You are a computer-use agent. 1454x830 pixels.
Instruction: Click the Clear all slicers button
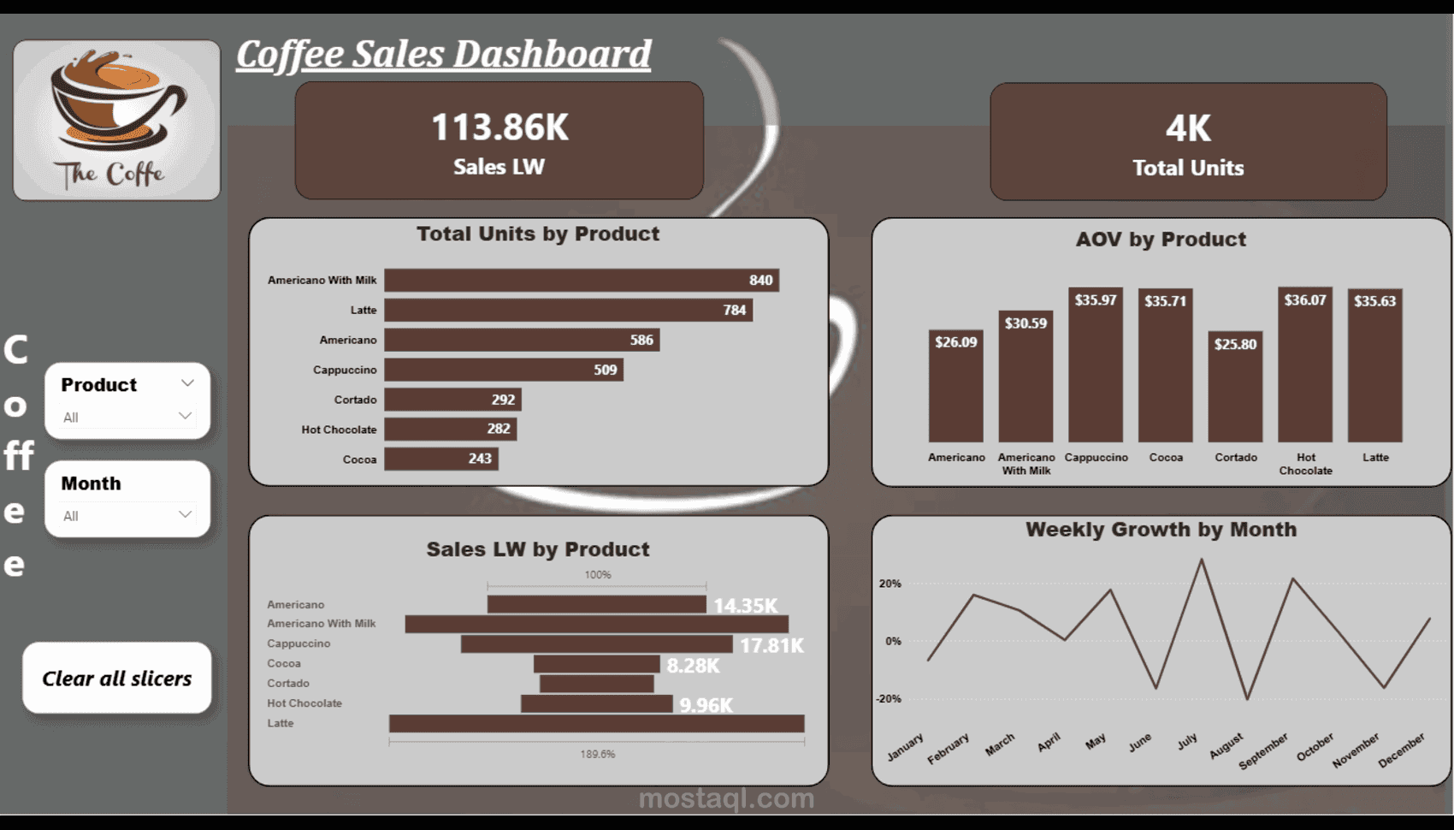[x=117, y=679]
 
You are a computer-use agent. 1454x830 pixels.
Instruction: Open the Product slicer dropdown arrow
[x=187, y=383]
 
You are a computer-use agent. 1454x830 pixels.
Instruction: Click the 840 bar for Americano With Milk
[x=582, y=280]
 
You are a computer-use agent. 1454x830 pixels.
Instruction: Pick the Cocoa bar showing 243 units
[x=440, y=459]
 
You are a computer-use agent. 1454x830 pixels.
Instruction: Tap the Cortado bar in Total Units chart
[x=452, y=400]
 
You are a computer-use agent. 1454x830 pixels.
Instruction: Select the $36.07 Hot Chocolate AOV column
[x=1305, y=368]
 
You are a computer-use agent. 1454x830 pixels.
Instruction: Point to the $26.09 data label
[x=955, y=342]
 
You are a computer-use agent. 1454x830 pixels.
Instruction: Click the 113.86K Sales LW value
[x=499, y=127]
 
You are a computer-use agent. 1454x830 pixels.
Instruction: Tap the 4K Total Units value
[x=1188, y=129]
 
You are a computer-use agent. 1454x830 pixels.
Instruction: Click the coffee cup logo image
[x=117, y=120]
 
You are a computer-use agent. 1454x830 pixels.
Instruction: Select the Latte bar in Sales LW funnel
[x=596, y=724]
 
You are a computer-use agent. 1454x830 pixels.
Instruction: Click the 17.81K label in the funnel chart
[x=771, y=645]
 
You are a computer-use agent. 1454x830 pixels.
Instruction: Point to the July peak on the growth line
[x=1202, y=560]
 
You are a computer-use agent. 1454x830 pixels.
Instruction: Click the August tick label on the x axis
[x=1226, y=745]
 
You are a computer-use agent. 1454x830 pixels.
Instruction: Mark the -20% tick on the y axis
[x=889, y=699]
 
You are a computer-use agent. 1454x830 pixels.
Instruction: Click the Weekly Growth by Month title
[x=1161, y=530]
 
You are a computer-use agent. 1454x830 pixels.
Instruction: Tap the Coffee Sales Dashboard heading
[x=443, y=54]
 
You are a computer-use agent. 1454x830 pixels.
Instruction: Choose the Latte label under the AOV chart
[x=1375, y=458]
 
